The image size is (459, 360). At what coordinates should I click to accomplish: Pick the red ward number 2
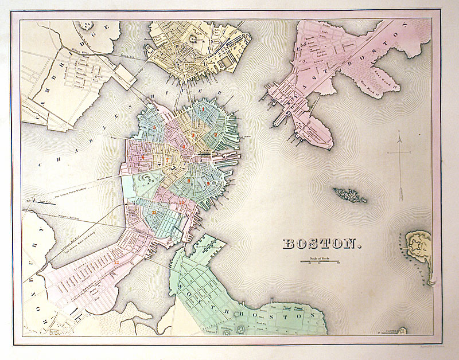tap(193, 135)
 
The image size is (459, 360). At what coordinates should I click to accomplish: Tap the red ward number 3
tap(215, 134)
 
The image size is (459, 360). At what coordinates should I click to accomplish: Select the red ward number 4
tap(183, 147)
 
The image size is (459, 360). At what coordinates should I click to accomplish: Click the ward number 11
tap(154, 212)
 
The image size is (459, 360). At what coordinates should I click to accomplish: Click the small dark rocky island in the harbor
tap(350, 195)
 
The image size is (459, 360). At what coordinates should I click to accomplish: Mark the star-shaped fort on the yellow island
tap(418, 245)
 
